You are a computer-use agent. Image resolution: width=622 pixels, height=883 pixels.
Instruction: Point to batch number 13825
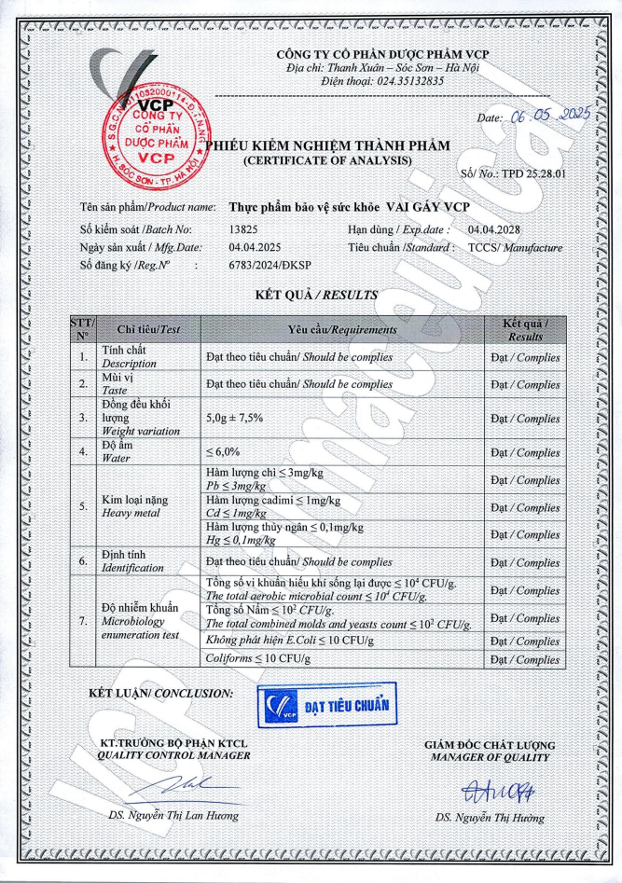[243, 228]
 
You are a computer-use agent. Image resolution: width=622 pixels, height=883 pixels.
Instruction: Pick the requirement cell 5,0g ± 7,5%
[234, 418]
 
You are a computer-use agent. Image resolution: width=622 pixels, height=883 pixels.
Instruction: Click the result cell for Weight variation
[525, 418]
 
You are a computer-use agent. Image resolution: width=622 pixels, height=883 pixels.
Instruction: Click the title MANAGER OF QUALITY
[490, 757]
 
